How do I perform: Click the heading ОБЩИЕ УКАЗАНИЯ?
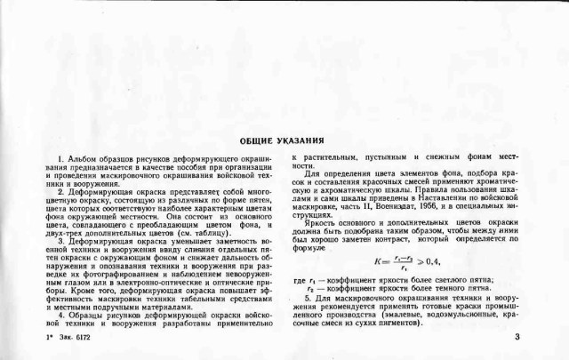pyautogui.click(x=282, y=140)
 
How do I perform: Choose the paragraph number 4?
pyautogui.click(x=58, y=314)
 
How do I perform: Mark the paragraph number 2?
pyautogui.click(x=58, y=190)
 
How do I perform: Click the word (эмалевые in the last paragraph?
pyautogui.click(x=382, y=317)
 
